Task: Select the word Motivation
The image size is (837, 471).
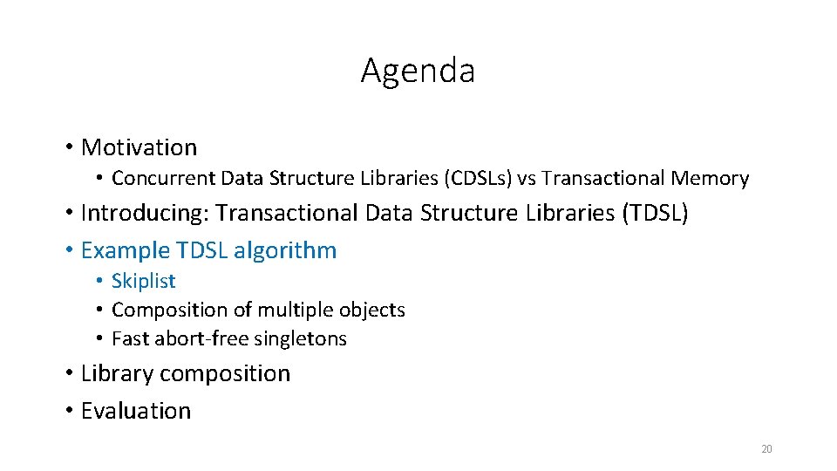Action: pos(139,147)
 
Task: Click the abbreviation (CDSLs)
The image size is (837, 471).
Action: pos(478,179)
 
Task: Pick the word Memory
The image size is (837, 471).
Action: pos(710,179)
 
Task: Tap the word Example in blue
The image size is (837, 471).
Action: pos(125,250)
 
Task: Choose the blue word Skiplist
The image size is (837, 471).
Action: pos(143,281)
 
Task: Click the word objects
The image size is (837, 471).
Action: pos(372,310)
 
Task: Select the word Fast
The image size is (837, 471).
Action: pos(128,338)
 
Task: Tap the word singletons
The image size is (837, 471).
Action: pos(303,338)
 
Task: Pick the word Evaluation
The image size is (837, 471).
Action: pos(135,411)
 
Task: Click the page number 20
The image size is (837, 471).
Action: pos(766,449)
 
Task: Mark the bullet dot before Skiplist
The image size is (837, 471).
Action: pos(101,281)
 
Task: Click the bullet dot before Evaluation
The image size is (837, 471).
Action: pos(69,411)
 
